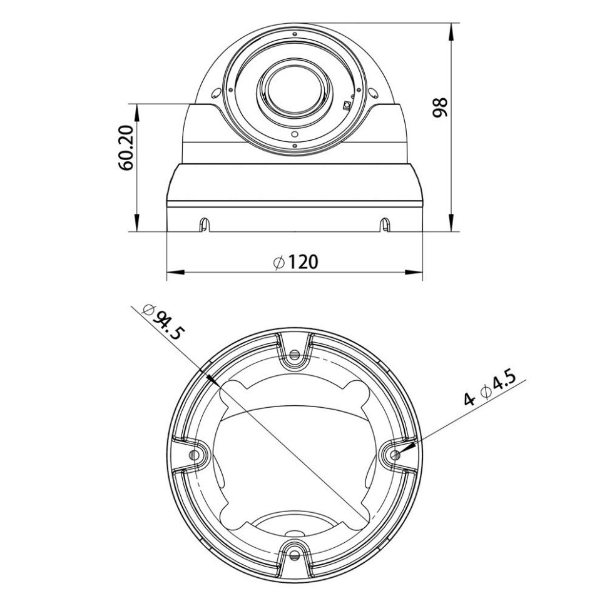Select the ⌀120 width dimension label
point(295,262)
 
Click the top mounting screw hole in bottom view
point(295,355)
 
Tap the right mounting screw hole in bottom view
point(394,455)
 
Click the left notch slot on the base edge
point(204,223)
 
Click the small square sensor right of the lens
point(347,104)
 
